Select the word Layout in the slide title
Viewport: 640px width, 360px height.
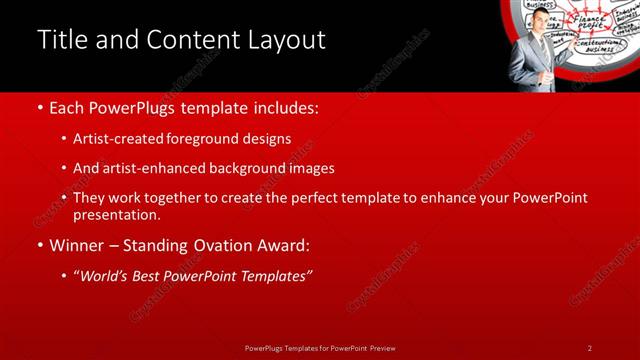coord(285,40)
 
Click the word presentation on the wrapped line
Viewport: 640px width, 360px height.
coord(116,214)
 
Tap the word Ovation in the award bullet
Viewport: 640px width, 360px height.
coord(214,245)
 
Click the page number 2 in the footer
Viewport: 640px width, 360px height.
coord(590,348)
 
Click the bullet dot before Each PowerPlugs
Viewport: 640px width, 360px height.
coord(39,108)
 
